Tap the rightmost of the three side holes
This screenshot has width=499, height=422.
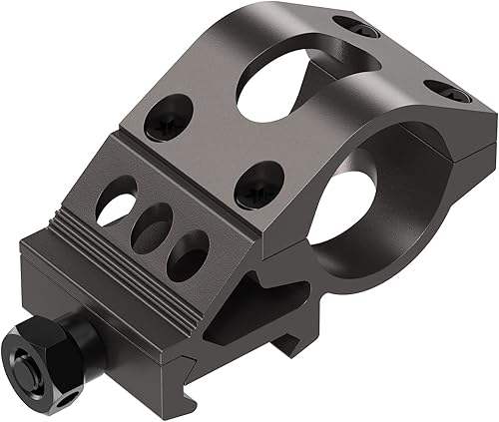click(188, 255)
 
